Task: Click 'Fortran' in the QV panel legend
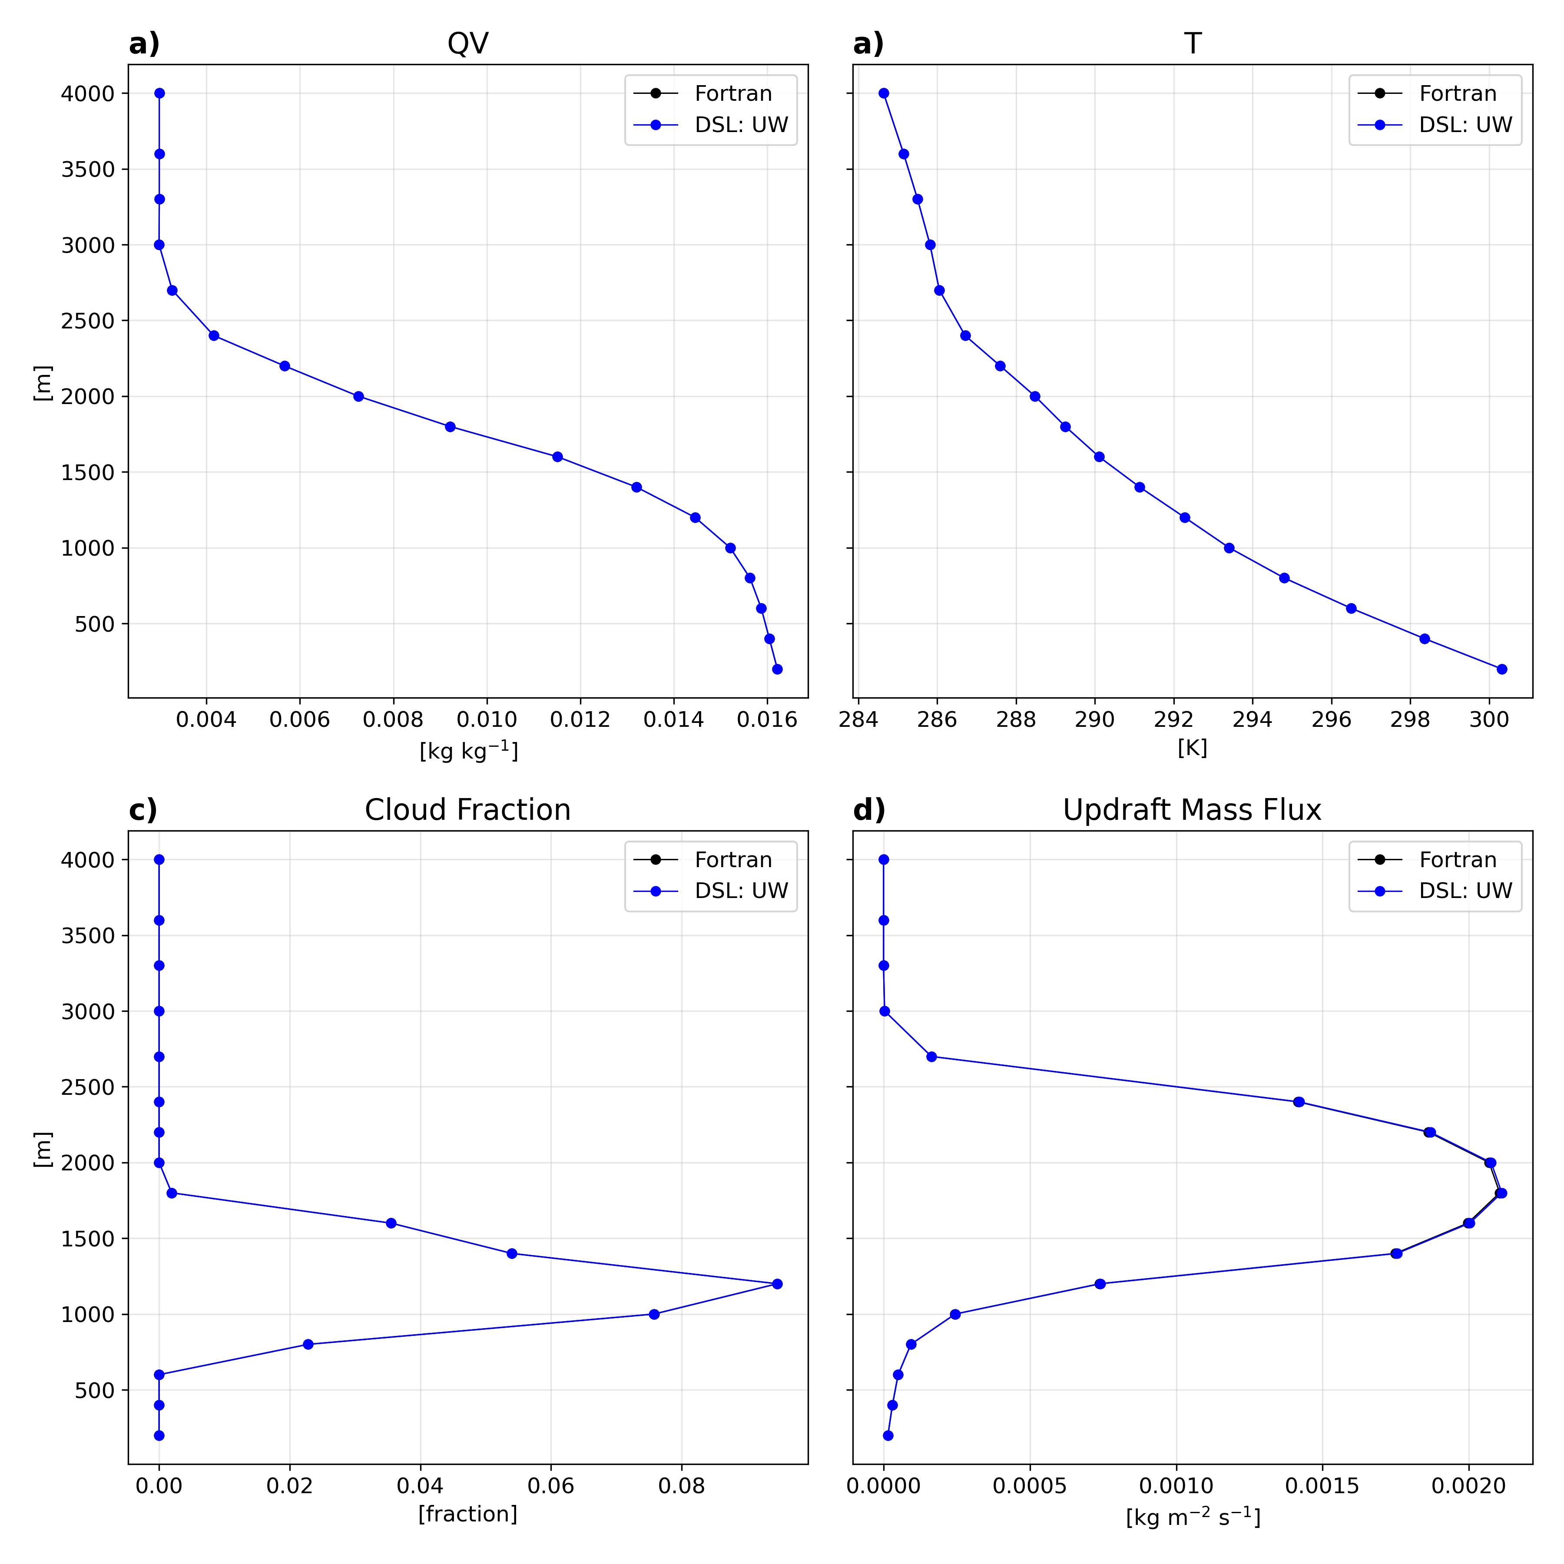coord(732,94)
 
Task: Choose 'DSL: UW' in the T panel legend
coord(1465,125)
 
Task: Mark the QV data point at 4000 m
coord(159,93)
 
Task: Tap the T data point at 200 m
coord(1502,669)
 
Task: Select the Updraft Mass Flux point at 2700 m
coord(932,1057)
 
